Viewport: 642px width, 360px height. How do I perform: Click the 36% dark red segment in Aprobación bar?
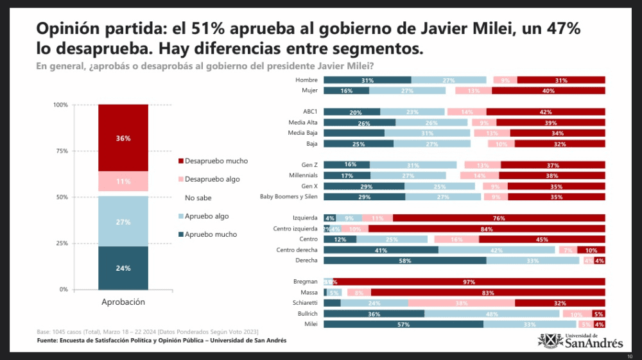pyautogui.click(x=123, y=137)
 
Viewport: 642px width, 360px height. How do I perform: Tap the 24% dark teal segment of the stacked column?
pyautogui.click(x=123, y=268)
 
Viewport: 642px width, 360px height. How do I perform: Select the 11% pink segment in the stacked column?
pyautogui.click(x=123, y=182)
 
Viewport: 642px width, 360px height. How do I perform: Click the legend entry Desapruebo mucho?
pyautogui.click(x=216, y=161)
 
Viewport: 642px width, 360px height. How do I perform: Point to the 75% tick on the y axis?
pyautogui.click(x=62, y=151)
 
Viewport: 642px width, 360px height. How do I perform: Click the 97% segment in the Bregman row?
pyautogui.click(x=469, y=282)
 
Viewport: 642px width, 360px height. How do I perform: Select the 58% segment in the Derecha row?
pyautogui.click(x=404, y=261)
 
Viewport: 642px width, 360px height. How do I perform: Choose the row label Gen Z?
pyautogui.click(x=309, y=165)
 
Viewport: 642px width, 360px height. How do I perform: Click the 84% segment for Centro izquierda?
pyautogui.click(x=487, y=228)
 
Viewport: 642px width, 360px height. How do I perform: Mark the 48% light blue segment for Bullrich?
pyautogui.click(x=492, y=314)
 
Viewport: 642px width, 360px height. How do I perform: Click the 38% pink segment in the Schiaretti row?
pyautogui.click(x=461, y=303)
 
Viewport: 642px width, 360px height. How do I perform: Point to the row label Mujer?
pyautogui.click(x=309, y=90)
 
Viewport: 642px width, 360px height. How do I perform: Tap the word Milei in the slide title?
pyautogui.click(x=518, y=29)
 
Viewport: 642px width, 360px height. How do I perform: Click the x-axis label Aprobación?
pyautogui.click(x=123, y=302)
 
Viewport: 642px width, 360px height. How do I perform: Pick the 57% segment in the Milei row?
pyautogui.click(x=403, y=325)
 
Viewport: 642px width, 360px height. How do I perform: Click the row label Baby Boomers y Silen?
pyautogui.click(x=289, y=196)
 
